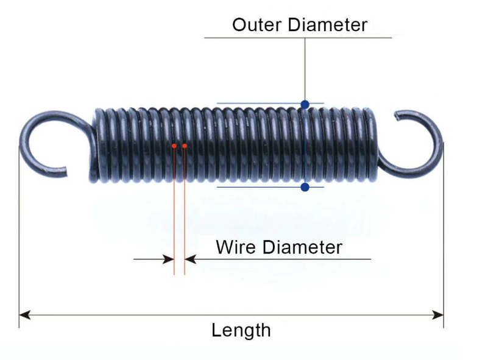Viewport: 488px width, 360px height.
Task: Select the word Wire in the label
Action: click(237, 247)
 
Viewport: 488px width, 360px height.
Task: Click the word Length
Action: click(241, 330)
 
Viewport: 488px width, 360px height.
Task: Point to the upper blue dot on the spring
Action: click(305, 104)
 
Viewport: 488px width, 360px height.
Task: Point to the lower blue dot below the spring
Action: click(305, 188)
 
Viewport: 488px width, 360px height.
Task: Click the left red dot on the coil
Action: click(174, 146)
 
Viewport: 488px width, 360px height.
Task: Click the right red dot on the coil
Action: click(185, 146)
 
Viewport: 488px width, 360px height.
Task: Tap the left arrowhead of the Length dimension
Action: click(24, 315)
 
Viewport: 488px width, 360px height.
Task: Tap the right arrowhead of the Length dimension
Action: click(438, 315)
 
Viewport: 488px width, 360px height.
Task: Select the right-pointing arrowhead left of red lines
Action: click(169, 259)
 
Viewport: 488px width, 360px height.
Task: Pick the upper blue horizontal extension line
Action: click(256, 104)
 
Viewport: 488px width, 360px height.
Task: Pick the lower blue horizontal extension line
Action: click(256, 188)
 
